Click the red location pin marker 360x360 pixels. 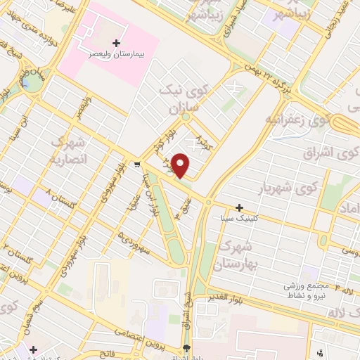click(181, 165)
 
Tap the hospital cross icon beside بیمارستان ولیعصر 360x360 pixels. click(116, 43)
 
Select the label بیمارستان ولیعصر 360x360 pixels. click(112, 53)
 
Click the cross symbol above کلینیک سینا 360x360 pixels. click(240, 207)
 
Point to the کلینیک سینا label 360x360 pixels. click(240, 219)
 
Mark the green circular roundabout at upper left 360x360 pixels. click(30, 82)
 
